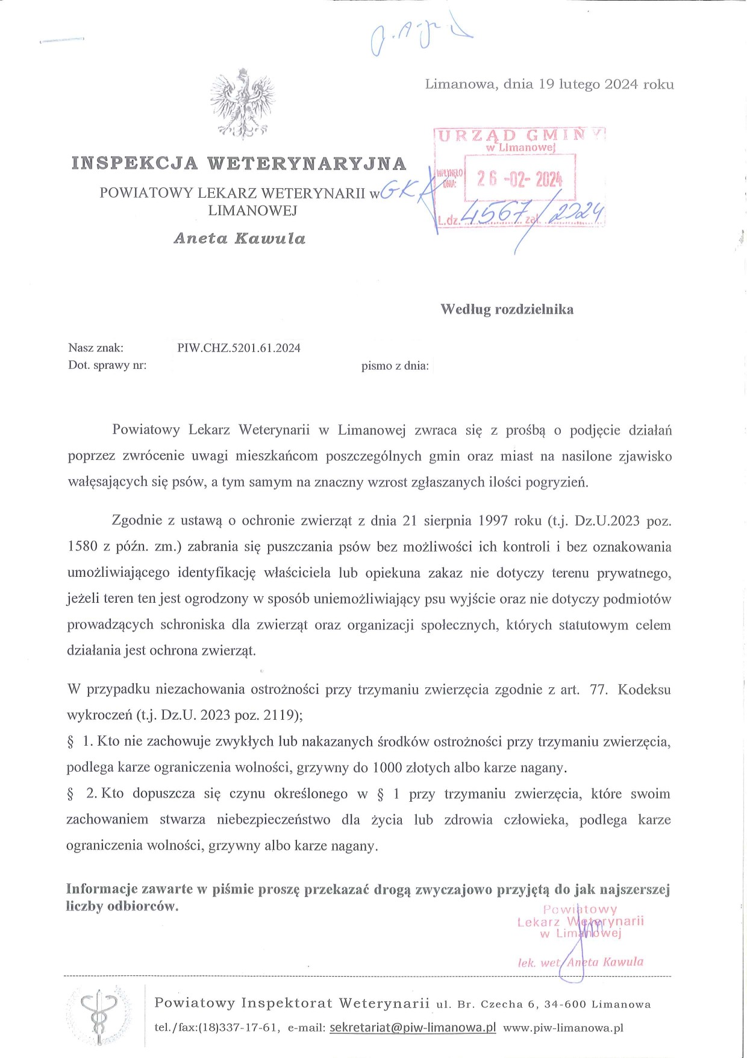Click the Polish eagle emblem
(x=242, y=103)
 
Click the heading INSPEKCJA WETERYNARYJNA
(x=239, y=163)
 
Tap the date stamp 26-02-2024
(x=519, y=178)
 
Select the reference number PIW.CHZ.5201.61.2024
(x=239, y=348)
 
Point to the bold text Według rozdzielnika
(x=507, y=309)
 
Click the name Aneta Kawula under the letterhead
(x=239, y=239)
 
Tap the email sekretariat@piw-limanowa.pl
(x=413, y=1027)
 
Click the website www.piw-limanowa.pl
(x=563, y=1028)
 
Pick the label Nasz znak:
(x=96, y=348)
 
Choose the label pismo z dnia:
(x=395, y=366)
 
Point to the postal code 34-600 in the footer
(x=565, y=1004)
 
